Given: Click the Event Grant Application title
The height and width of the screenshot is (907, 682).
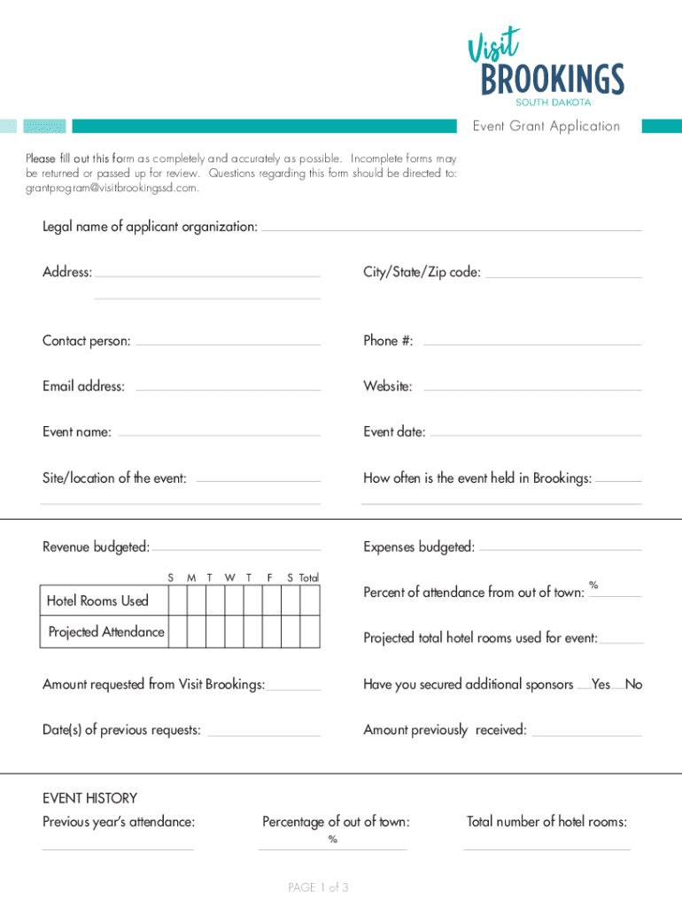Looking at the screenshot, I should point(546,126).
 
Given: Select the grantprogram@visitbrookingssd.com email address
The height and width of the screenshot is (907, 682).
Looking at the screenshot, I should point(112,188).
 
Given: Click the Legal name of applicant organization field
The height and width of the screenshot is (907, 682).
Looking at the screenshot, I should point(451,229).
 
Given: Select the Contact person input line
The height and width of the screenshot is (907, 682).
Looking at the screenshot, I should point(228,343).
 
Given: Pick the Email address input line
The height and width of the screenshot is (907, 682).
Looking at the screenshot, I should point(228,388).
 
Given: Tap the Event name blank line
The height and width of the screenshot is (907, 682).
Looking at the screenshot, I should point(219,434).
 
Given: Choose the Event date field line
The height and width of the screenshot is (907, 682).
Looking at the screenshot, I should point(536,434).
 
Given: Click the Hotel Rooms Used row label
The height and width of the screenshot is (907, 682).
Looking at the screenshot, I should point(97,601).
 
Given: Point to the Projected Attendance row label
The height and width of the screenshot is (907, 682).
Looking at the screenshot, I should point(106,632).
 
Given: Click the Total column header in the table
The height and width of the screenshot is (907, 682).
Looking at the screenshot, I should point(309,578).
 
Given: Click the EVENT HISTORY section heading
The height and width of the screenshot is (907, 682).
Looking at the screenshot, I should point(89,798).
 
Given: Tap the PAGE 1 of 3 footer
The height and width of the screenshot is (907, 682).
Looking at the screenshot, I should point(318,888).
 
